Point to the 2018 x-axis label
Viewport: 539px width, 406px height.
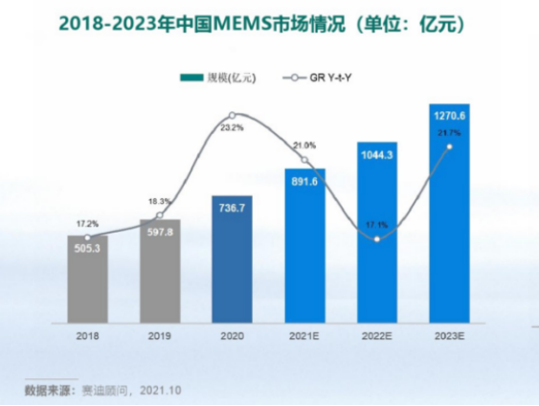point(87,337)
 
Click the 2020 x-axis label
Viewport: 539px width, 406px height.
point(232,337)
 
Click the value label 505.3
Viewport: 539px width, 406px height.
point(87,246)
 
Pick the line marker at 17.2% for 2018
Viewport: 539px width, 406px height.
point(87,237)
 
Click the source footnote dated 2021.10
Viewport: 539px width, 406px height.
point(102,390)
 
